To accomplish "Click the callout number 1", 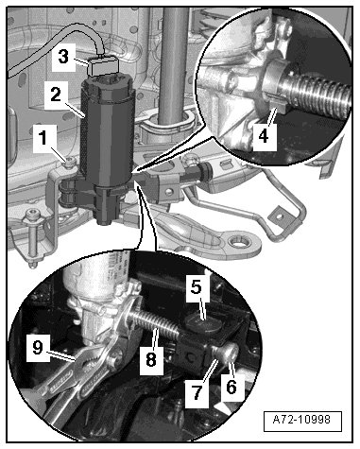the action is tap(44, 138).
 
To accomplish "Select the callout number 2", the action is tap(56, 94).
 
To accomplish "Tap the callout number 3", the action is tap(63, 57).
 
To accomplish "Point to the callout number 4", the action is tap(264, 136).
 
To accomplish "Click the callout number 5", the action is tap(197, 286).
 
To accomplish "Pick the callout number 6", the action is tap(231, 388).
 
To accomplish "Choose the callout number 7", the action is tap(197, 392).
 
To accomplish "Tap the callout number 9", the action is tap(38, 348).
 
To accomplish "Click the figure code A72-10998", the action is tap(302, 420).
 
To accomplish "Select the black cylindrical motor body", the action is tap(108, 132).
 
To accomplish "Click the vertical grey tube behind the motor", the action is tap(174, 63).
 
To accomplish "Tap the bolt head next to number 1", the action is tap(69, 162).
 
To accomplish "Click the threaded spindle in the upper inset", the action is tap(318, 95).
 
